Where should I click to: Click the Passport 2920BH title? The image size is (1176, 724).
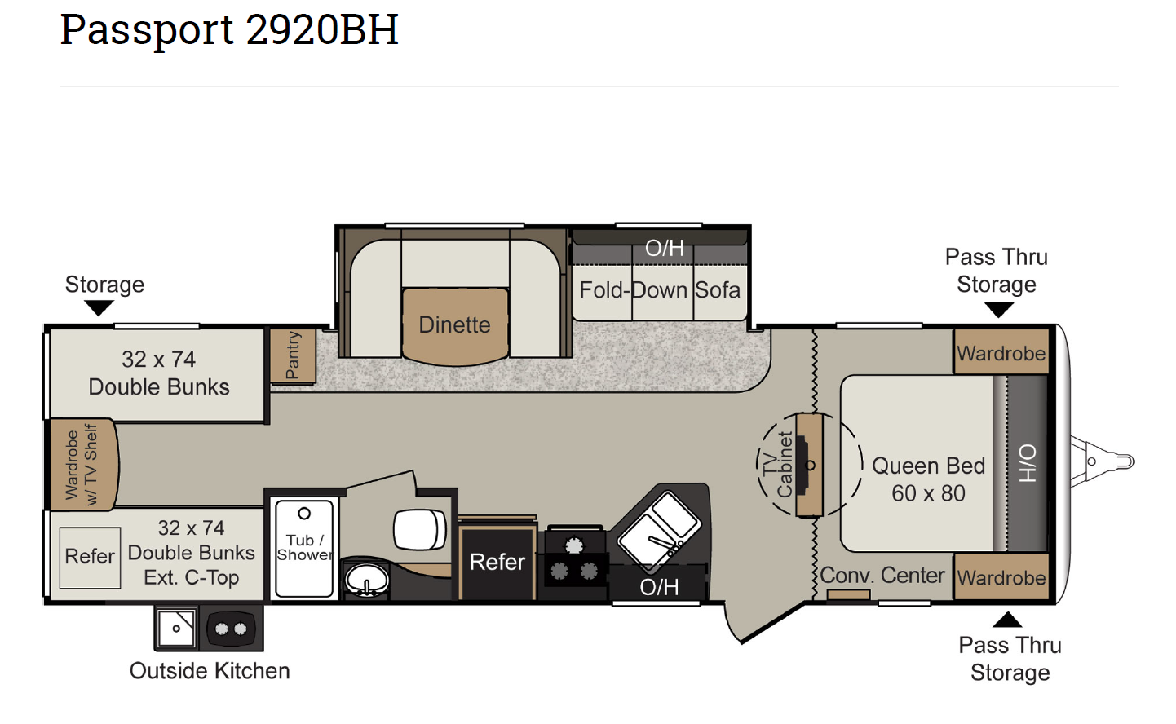pos(229,30)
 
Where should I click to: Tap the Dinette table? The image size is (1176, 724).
pos(455,325)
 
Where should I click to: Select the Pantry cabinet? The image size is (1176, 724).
pos(293,355)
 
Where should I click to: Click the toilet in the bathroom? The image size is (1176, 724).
pos(420,529)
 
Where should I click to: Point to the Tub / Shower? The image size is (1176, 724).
pos(304,548)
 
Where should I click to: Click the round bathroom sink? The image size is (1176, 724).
pos(366,580)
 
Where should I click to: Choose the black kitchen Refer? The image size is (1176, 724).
pos(497,563)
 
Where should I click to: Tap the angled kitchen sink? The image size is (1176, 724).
pos(660,532)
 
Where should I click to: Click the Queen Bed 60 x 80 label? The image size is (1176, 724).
pos(928,479)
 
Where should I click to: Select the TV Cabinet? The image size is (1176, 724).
pos(809,465)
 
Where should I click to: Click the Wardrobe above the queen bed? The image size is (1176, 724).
pos(1001,351)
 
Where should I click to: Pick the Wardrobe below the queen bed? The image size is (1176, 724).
pos(1001,576)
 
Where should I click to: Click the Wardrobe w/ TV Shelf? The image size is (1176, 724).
pos(83,464)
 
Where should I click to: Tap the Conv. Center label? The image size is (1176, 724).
pos(882,576)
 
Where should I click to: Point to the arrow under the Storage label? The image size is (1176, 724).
pos(99,307)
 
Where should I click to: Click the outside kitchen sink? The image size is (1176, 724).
pos(176,628)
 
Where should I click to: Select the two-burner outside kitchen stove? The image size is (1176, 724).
pos(231,628)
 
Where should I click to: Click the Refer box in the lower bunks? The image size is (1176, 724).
pos(90,557)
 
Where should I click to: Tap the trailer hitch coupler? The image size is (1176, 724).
pos(1103,462)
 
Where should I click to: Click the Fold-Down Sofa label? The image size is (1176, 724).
pos(660,290)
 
